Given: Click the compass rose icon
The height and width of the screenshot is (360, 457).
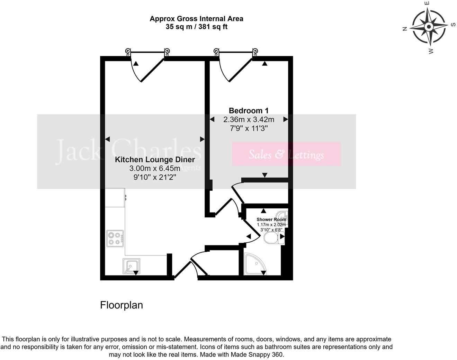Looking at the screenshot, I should (429, 27).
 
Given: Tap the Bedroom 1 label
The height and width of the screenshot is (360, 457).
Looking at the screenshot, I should (249, 111).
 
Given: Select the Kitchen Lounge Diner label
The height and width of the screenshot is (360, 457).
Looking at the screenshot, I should (155, 160).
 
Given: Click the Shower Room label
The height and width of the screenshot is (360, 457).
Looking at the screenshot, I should (271, 219).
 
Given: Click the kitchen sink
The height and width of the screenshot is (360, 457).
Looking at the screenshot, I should (131, 266).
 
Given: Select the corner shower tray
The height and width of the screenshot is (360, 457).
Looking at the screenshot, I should (254, 264).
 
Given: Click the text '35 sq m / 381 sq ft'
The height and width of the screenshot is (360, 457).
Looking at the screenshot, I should (196, 27).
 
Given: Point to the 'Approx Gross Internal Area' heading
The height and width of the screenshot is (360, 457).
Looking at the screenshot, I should (196, 19).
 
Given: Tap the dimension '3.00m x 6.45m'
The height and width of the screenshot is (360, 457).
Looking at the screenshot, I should (155, 169).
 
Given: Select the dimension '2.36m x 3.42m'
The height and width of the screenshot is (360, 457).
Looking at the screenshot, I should (249, 120).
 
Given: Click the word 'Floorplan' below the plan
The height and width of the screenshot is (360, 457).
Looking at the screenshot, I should (122, 305).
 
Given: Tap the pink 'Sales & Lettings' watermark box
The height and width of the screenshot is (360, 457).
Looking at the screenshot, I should (286, 154).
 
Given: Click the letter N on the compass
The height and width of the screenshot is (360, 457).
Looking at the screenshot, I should (404, 29).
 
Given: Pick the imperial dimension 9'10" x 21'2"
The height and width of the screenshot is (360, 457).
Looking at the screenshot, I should (155, 177).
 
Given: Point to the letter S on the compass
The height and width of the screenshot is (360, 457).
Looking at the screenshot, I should (453, 25).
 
